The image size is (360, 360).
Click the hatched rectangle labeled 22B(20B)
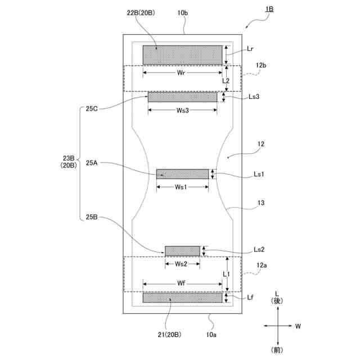click(183, 55)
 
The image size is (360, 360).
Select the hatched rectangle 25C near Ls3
click(182, 97)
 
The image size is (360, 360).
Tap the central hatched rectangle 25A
click(182, 174)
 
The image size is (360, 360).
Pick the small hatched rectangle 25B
click(182, 251)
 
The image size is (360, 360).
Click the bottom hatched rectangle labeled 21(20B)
click(183, 298)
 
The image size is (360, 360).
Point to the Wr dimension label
click(182, 73)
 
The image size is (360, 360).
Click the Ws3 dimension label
click(182, 111)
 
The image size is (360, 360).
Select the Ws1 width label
click(181, 187)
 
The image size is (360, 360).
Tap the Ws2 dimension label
click(181, 263)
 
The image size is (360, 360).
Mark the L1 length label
click(226, 273)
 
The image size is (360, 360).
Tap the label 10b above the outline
click(183, 12)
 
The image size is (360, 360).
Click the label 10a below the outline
click(211, 335)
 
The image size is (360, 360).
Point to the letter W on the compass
click(298, 326)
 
